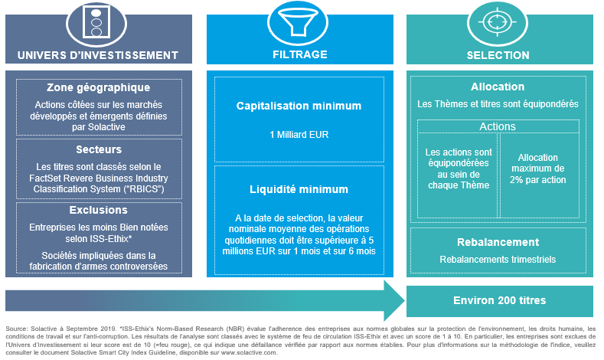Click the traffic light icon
click(x=96, y=23)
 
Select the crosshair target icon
click(x=498, y=22)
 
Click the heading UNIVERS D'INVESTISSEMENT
click(x=98, y=55)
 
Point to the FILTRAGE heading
click(x=300, y=54)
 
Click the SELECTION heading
click(x=498, y=55)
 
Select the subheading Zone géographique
click(x=99, y=87)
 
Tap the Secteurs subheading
click(x=99, y=149)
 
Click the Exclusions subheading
click(x=99, y=210)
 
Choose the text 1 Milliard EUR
click(x=299, y=135)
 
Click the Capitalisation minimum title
click(x=299, y=106)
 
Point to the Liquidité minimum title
click(x=299, y=189)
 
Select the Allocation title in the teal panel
click(x=498, y=87)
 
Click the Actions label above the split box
click(x=498, y=126)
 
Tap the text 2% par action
click(x=537, y=179)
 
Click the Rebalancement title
click(x=498, y=242)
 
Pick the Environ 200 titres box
click(x=500, y=301)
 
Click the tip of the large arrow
click(x=405, y=301)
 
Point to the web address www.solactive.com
click(x=249, y=352)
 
